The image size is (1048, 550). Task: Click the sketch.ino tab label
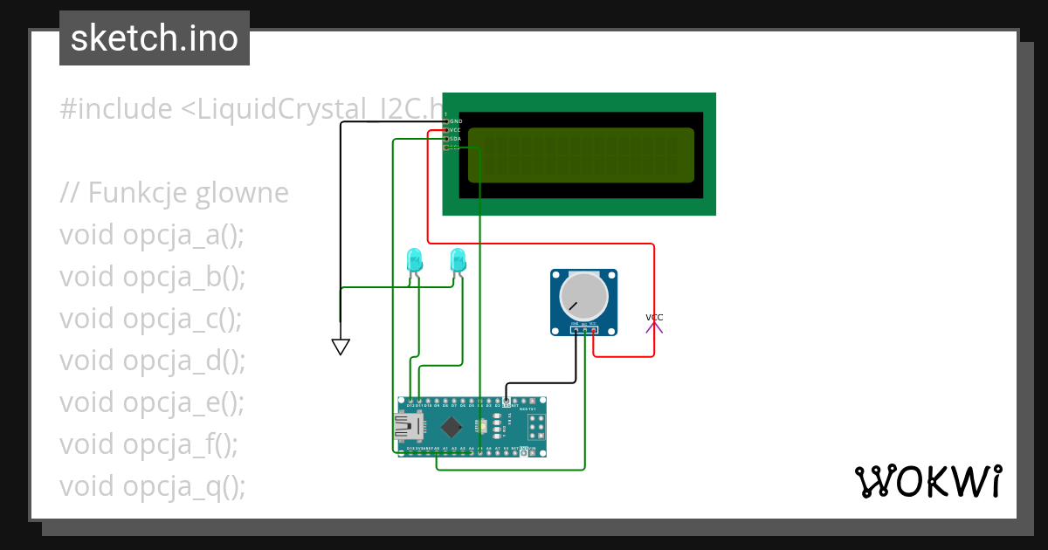(155, 38)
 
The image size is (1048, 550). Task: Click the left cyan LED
(414, 259)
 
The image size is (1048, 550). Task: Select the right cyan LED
(457, 259)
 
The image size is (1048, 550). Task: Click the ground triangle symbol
(341, 347)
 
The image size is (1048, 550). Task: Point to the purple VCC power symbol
(654, 324)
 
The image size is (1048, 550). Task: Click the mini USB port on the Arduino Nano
(407, 427)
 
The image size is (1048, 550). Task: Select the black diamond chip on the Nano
(452, 427)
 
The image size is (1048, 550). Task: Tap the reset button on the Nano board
(483, 427)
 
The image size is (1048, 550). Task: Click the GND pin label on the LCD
(455, 121)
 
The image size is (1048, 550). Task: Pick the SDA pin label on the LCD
(454, 139)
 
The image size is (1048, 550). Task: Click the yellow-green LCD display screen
(581, 155)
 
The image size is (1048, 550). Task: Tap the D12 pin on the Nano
(410, 403)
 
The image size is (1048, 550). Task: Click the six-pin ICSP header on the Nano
(534, 427)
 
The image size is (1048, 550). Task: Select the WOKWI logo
(927, 481)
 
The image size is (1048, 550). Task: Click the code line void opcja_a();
(152, 235)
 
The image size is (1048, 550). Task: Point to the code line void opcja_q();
(152, 486)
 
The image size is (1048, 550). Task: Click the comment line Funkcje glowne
(175, 192)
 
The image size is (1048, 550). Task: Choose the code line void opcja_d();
(152, 361)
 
